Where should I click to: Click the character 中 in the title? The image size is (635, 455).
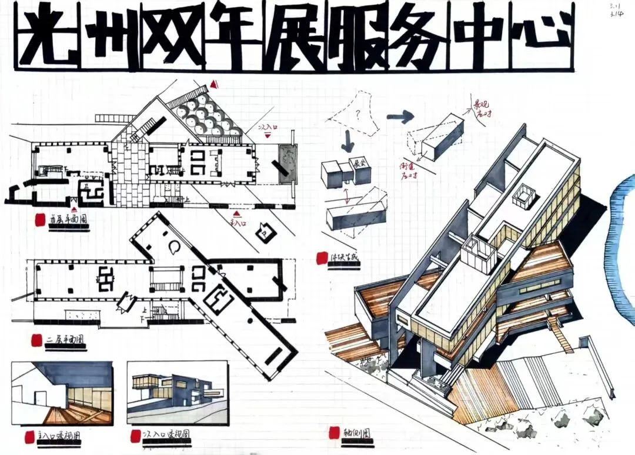[476, 36]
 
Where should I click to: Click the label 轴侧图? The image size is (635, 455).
[357, 435]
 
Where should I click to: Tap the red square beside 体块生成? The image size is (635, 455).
[322, 258]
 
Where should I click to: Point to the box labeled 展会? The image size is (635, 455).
[358, 165]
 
